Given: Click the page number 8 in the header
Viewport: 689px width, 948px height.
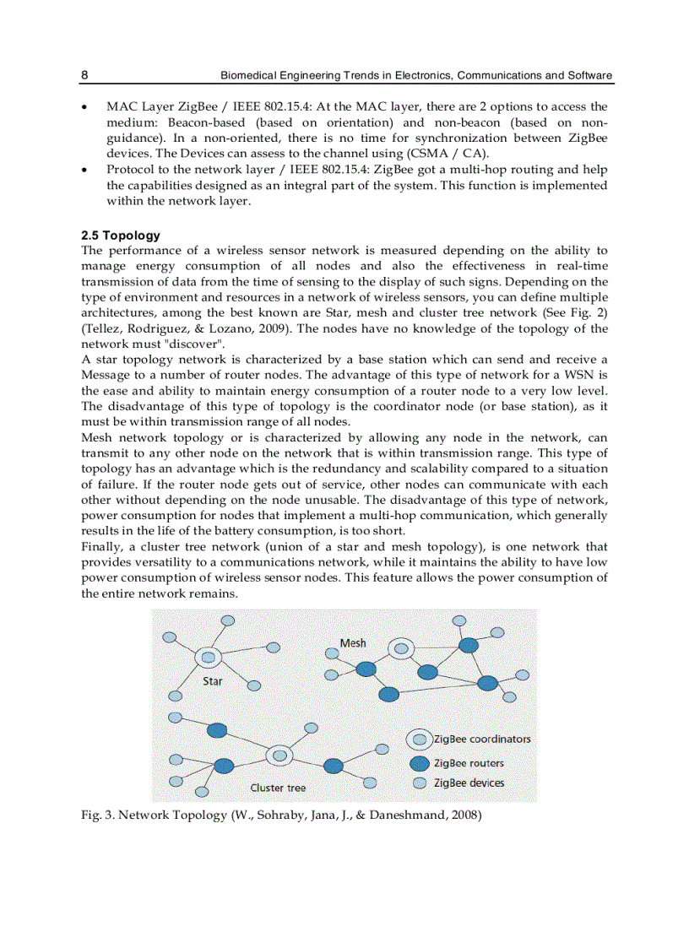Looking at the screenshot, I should [x=84, y=75].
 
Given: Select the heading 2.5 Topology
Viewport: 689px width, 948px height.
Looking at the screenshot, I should [x=120, y=236].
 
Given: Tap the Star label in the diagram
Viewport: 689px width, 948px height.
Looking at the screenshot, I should [x=212, y=680].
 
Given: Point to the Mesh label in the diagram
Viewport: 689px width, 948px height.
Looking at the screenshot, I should [x=353, y=642].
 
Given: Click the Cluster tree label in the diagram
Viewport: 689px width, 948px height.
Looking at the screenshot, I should [x=278, y=788].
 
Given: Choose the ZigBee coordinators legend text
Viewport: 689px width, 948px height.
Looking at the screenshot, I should [x=482, y=739].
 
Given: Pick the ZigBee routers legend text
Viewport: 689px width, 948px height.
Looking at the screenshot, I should [x=469, y=763].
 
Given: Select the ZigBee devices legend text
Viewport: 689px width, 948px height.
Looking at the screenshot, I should [x=469, y=783].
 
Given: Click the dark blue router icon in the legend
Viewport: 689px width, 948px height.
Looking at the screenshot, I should [x=420, y=763].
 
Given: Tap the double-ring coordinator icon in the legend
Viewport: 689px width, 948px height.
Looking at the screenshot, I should [x=420, y=739].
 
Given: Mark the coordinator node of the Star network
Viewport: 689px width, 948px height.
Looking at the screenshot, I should [x=208, y=657].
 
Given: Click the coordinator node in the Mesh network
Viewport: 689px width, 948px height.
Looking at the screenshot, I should [x=402, y=649].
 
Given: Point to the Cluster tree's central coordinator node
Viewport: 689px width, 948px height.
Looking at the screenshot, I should [x=279, y=756].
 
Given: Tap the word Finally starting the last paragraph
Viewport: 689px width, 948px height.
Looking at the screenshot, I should [x=102, y=547].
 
